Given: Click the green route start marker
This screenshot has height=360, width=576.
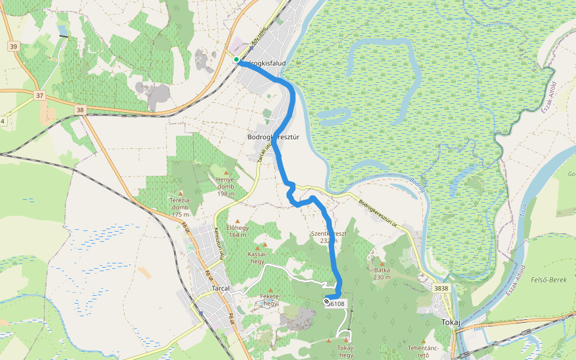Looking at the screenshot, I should coord(237,59).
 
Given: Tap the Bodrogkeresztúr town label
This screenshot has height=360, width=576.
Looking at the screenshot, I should coord(273,137).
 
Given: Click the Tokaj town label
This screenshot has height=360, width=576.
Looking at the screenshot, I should coord(450,322).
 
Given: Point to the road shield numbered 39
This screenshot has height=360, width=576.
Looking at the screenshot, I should coord(14,46).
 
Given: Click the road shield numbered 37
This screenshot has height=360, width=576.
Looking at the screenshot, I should coord(40,95).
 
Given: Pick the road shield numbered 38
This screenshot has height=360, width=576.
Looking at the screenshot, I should coord(80,110).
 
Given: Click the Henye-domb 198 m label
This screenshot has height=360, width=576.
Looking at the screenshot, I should coord(226,186).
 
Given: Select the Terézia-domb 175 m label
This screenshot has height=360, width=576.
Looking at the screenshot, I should coord(180,207).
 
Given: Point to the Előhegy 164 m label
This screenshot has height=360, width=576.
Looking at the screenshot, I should coord(237,231).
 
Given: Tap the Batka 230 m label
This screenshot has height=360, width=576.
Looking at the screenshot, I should coord(382,274).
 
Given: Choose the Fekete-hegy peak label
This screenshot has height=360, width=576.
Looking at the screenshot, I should coord(271,299).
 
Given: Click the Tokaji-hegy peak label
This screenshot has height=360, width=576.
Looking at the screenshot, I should coord(346,351).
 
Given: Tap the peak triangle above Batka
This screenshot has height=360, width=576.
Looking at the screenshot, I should coord(382,263).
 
